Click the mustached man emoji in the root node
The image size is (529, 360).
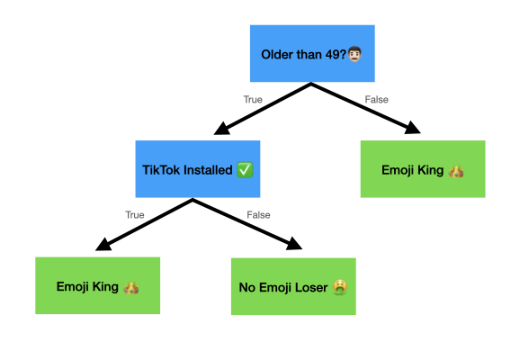pyautogui.click(x=354, y=54)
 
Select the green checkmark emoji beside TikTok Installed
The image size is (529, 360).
pyautogui.click(x=245, y=170)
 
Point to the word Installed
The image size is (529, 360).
pyautogui.click(x=206, y=170)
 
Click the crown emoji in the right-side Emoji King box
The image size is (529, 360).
pyautogui.click(x=456, y=171)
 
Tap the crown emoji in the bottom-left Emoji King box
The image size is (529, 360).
pyautogui.click(x=131, y=287)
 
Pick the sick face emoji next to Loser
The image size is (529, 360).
pyautogui.click(x=340, y=287)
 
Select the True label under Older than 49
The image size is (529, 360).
pyautogui.click(x=253, y=100)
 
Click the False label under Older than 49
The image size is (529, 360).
pyautogui.click(x=376, y=100)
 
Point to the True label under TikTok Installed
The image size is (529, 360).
pyautogui.click(x=135, y=215)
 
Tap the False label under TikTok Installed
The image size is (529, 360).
pyautogui.click(x=258, y=215)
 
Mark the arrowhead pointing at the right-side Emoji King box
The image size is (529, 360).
pyautogui.click(x=412, y=128)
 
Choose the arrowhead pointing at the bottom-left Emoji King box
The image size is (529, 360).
pyautogui.click(x=103, y=245)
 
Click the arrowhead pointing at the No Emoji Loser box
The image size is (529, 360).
pyautogui.click(x=294, y=244)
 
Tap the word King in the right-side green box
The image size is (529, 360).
pyautogui.click(x=430, y=170)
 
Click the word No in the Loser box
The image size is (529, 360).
pyautogui.click(x=247, y=287)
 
